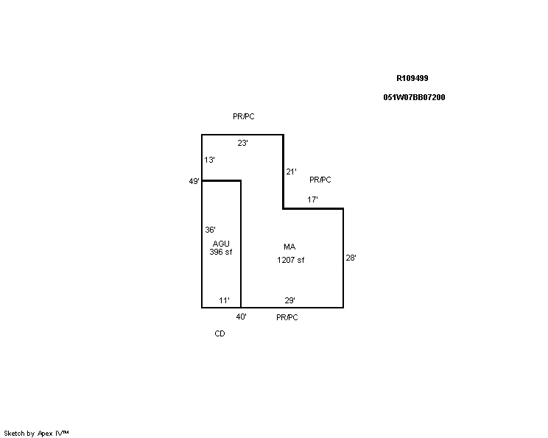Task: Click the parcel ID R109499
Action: (412, 78)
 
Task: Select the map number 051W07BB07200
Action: (414, 97)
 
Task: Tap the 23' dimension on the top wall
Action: (242, 143)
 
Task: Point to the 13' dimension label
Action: (209, 160)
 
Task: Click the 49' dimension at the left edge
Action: (194, 181)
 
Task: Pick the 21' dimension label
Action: (291, 172)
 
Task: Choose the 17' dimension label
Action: (312, 199)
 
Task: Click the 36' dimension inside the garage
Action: (210, 230)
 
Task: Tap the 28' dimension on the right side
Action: (351, 258)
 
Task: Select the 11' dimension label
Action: (224, 300)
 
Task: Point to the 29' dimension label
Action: (289, 300)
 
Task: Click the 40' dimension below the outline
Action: (241, 317)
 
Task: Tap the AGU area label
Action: (221, 244)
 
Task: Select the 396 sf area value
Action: (220, 252)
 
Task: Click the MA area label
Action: (289, 247)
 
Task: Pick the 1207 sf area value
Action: (290, 260)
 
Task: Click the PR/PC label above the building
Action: (244, 116)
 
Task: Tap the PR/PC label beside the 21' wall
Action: (320, 180)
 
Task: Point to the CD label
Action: (219, 333)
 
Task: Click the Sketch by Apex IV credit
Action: (36, 433)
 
